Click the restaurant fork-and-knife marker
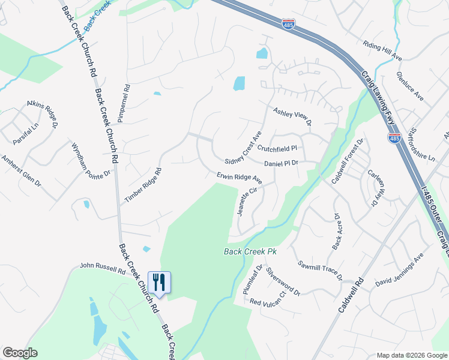(159, 282)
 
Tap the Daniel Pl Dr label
(281, 163)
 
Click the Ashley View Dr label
(292, 116)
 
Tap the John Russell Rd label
(103, 268)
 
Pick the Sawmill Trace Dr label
(319, 271)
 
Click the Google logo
(20, 353)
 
